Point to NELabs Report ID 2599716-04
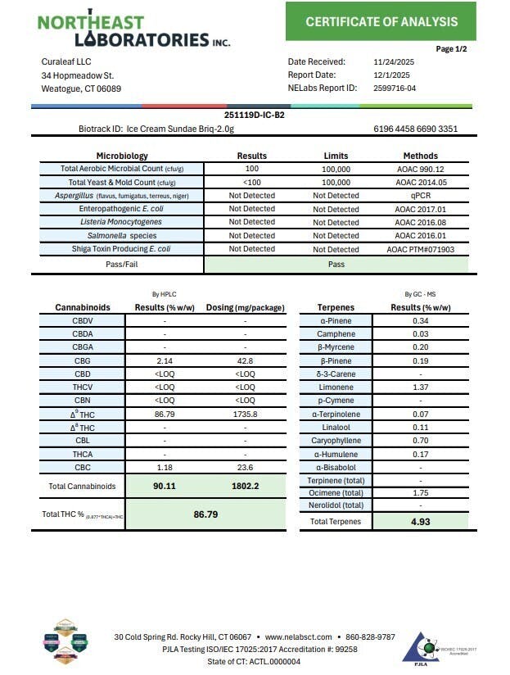coord(395,88)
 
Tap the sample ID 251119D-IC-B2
coord(254,116)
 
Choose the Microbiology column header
coord(122,156)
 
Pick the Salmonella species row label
coord(121,235)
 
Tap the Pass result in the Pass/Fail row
coord(336,265)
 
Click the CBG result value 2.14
coord(165,360)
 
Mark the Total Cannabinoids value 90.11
coord(165,486)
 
